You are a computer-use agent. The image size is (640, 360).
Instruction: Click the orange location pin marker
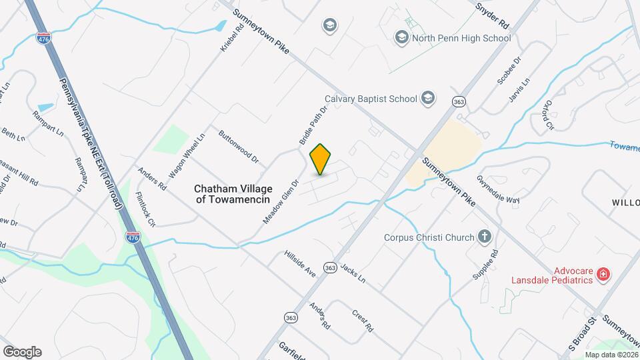click(321, 159)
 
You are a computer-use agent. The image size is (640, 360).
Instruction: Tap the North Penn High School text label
click(461, 38)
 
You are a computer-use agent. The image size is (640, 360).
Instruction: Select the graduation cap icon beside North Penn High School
click(401, 37)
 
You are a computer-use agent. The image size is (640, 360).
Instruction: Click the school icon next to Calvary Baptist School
click(427, 99)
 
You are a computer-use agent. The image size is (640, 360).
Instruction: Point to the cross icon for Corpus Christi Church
click(485, 237)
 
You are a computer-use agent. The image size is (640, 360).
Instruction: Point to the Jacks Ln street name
click(353, 273)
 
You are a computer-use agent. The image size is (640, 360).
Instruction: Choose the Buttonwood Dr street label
click(237, 150)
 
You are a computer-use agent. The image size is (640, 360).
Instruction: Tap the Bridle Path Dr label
click(313, 125)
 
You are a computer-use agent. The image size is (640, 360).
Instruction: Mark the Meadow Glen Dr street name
click(279, 196)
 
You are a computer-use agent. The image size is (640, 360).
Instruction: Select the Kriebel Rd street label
click(229, 39)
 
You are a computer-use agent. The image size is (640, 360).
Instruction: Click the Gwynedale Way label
click(497, 190)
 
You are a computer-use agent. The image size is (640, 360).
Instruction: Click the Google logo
click(22, 351)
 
